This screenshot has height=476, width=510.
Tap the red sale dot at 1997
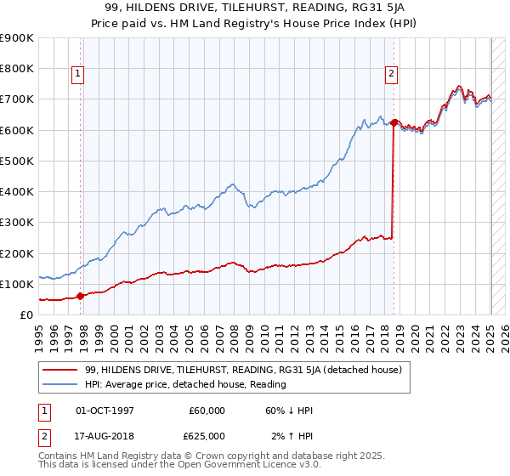[x=81, y=297]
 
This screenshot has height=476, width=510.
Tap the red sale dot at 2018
[x=394, y=122]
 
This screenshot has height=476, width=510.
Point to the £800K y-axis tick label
[x=18, y=69]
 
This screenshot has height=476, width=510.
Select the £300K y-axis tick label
[x=18, y=223]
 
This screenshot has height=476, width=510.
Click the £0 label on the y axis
[x=25, y=315]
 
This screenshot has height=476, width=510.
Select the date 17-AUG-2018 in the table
[x=104, y=435]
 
